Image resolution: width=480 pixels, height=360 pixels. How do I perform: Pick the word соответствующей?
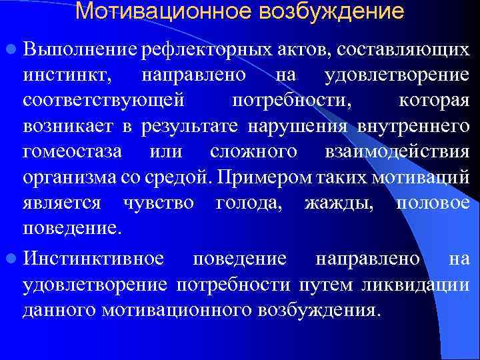(x=103, y=101)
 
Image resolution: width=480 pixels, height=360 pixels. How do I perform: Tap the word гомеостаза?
(x=72, y=151)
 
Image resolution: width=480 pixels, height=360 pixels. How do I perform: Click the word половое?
(x=433, y=203)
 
